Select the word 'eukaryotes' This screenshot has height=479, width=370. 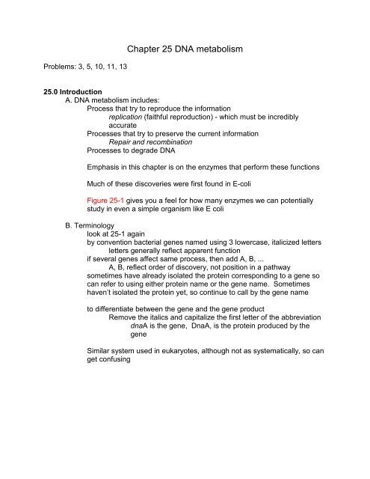pyautogui.click(x=182, y=425)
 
